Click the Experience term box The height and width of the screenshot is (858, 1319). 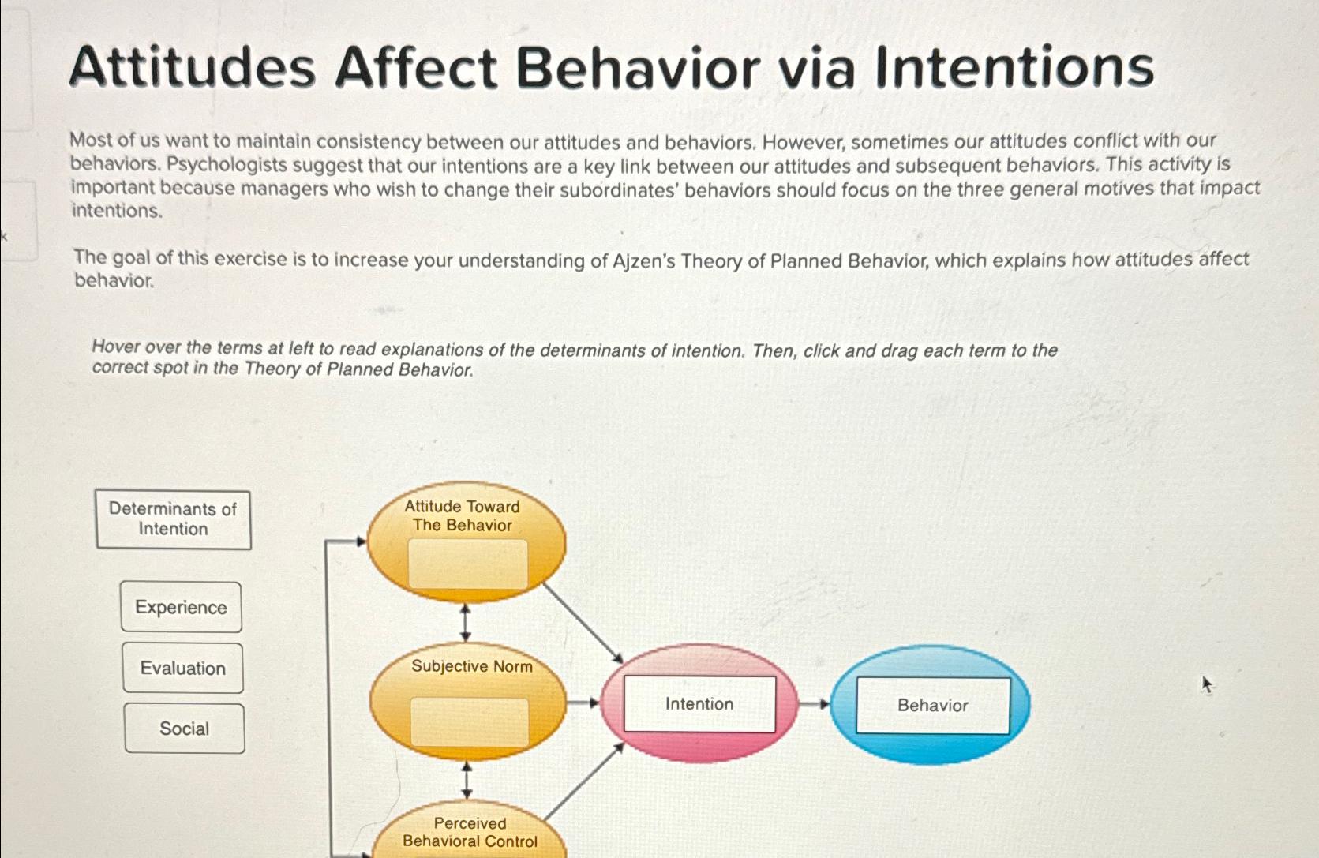pos(181,607)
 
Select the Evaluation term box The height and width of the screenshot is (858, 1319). pos(182,668)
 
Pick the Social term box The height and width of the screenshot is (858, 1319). pos(184,729)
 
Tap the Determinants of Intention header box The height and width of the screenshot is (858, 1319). pos(173,519)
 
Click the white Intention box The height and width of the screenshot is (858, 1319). pos(699,704)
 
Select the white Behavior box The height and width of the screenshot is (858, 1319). pos(932,706)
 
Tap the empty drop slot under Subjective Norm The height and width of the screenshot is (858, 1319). pos(469,722)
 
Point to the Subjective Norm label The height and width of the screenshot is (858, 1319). pos(471,666)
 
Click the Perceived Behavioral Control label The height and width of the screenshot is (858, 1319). pos(470,833)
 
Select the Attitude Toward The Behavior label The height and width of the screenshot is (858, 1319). pos(463,516)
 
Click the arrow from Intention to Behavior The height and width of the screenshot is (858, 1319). pos(814,704)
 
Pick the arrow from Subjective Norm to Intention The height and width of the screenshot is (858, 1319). pos(583,703)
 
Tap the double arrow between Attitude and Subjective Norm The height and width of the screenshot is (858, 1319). pos(465,622)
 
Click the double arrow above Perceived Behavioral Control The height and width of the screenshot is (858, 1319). pos(467,780)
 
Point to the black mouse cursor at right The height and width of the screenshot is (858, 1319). pos(1205,684)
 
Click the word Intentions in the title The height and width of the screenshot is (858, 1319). pos(1014,68)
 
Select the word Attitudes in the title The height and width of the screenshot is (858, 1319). pos(193,68)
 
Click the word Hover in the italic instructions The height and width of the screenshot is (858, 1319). pos(114,347)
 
